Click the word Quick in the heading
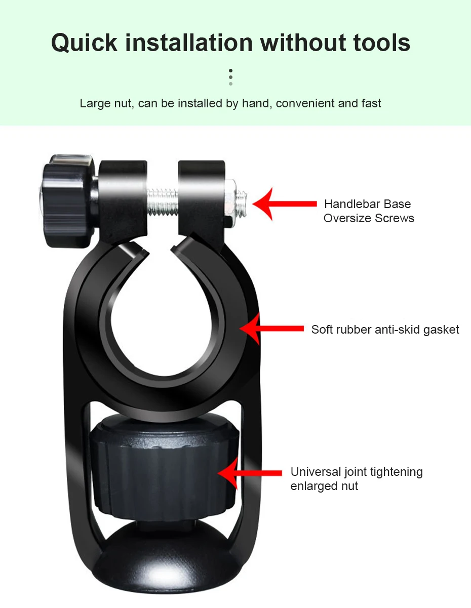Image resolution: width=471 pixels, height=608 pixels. coord(84,43)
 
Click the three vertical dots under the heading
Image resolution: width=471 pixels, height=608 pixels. coord(230,77)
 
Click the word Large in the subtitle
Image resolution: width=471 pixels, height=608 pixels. coord(92,104)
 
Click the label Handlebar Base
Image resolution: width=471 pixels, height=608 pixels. coord(367,204)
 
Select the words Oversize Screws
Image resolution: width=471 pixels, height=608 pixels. coord(369,218)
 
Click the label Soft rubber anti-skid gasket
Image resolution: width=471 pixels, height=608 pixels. coord(385,330)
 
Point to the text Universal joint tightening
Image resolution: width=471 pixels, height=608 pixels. coord(356,472)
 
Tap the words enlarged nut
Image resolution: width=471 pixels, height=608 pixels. coord(324,486)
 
